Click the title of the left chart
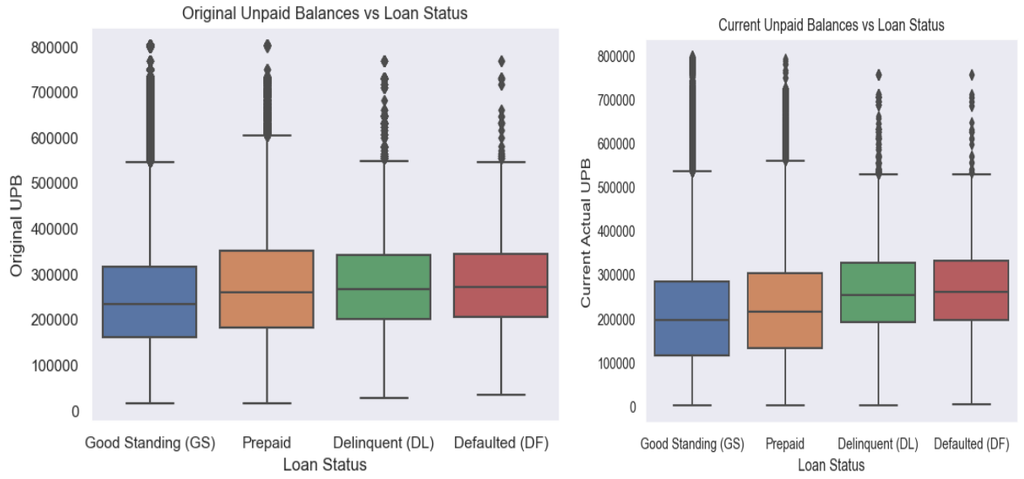point(324,13)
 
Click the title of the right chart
point(831,26)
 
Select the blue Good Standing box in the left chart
point(150,301)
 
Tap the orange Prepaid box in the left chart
point(267,289)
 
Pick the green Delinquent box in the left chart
point(383,287)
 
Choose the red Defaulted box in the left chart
point(501,285)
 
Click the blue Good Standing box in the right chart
point(692,318)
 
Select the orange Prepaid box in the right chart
point(784,310)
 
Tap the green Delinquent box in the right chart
point(878,292)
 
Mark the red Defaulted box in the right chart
point(971,290)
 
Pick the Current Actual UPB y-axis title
point(586,233)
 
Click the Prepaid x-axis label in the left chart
point(267,443)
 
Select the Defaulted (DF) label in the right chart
point(971,444)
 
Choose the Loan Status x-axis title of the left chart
point(324,465)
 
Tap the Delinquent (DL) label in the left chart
point(383,443)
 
